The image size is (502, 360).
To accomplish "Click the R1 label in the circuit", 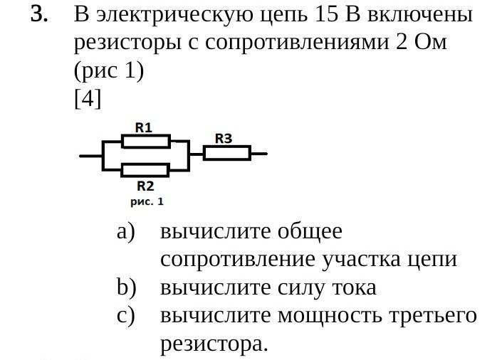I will click(x=144, y=127).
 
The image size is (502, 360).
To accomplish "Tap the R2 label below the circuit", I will click(x=145, y=186).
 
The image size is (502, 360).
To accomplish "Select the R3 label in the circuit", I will click(x=224, y=138).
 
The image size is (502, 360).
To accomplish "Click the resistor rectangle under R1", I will click(x=145, y=142).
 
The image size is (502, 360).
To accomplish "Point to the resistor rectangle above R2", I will click(x=145, y=170).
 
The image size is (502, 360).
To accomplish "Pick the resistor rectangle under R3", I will click(x=227, y=153).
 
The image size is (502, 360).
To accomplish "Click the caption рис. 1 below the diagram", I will click(x=147, y=202).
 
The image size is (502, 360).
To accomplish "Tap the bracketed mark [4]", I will click(x=88, y=99).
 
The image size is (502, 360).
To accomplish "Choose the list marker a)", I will click(x=126, y=231).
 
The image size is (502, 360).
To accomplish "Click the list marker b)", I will click(x=126, y=288).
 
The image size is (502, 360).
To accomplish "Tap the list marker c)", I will click(x=126, y=317).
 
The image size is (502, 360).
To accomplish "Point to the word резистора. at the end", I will click(x=215, y=345).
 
